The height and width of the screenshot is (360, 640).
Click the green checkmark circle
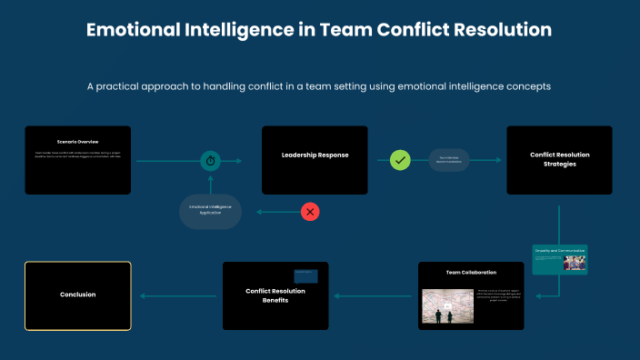401,160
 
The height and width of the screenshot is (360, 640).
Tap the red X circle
310,212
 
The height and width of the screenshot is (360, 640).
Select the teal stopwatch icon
211,161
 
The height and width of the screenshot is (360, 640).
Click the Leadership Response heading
315,155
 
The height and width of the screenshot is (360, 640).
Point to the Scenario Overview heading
77,142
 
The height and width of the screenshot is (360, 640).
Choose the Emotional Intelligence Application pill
210,210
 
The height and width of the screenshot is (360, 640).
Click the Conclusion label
77,295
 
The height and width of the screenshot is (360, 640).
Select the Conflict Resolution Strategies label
559,160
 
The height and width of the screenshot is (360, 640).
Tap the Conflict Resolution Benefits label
275,295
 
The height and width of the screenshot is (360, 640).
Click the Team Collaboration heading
471,273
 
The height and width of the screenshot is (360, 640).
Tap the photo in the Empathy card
574,262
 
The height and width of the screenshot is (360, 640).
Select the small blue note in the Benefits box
305,275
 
